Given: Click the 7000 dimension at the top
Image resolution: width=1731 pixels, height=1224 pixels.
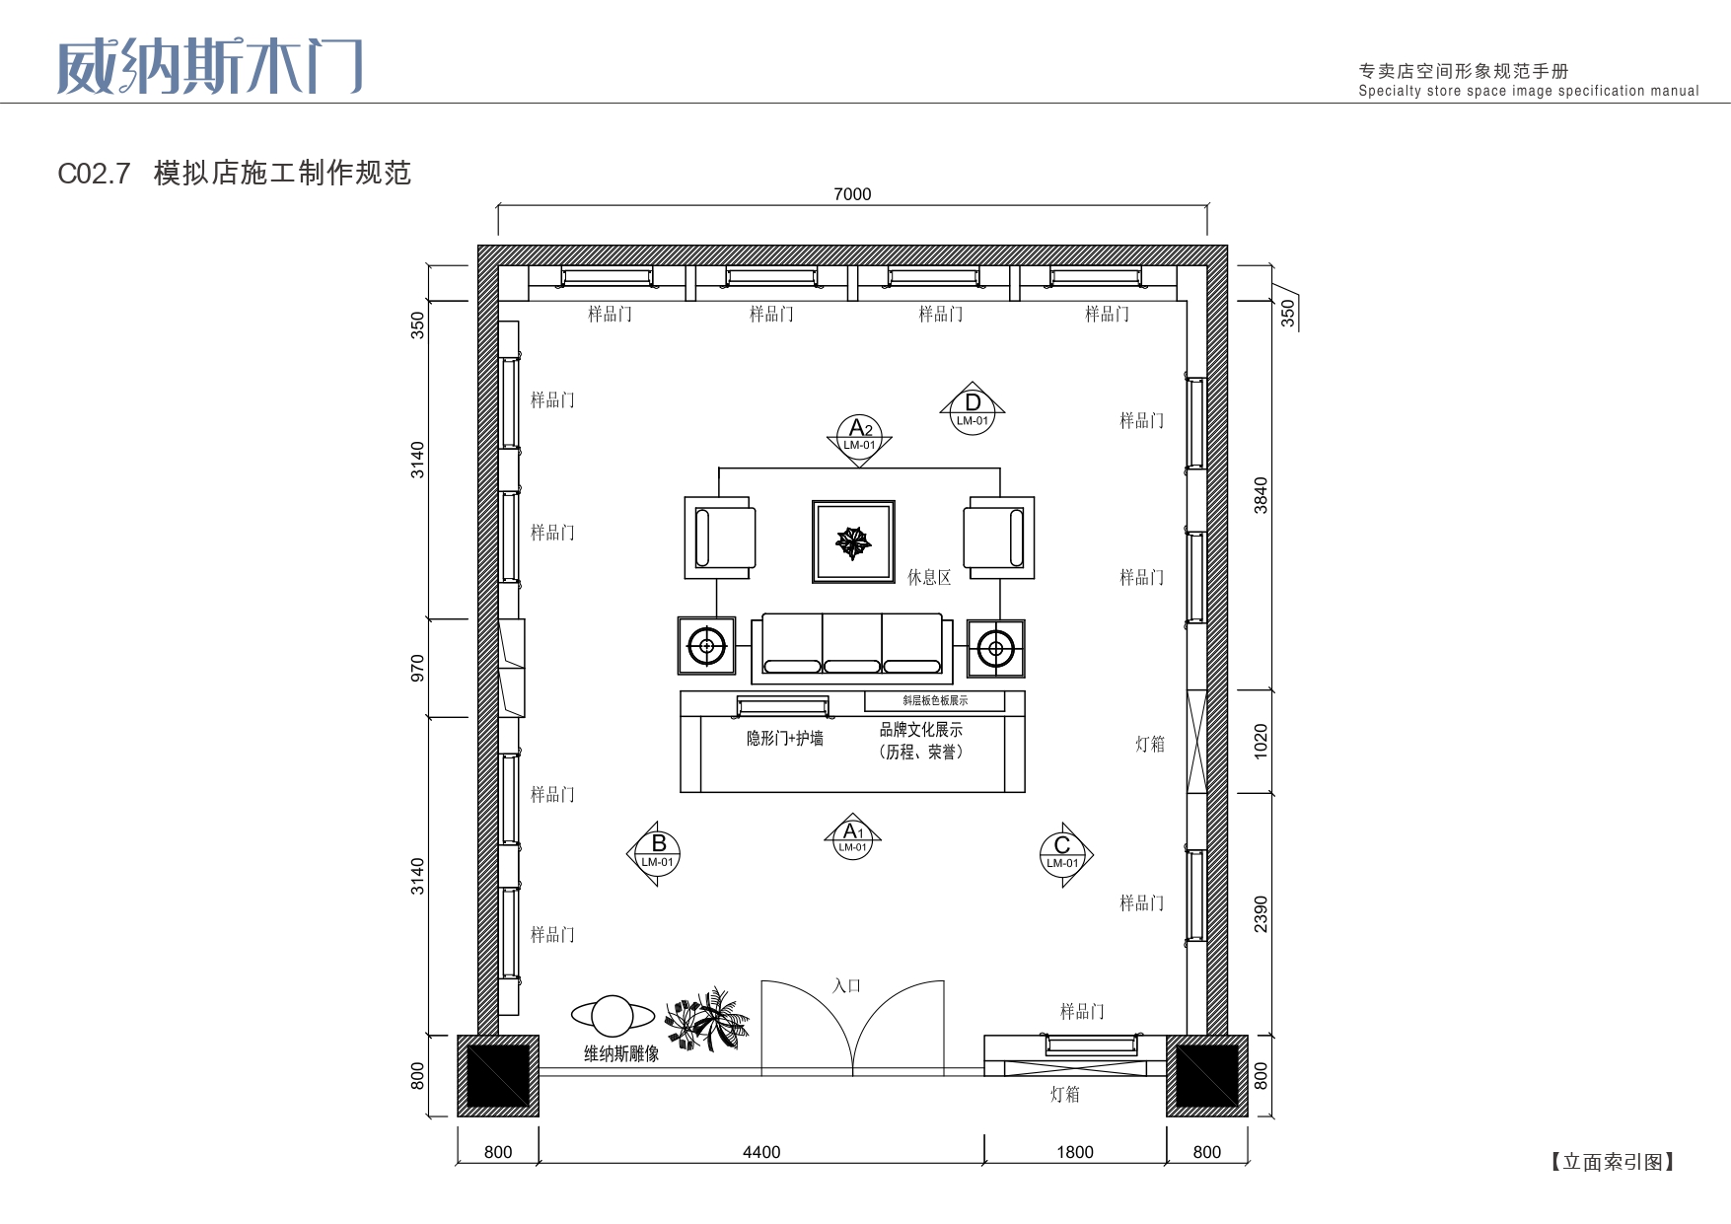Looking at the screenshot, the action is click(852, 194).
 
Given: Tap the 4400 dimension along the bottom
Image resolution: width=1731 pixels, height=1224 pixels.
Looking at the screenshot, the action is click(761, 1152).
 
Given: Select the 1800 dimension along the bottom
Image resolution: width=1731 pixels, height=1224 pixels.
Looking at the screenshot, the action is click(1075, 1152).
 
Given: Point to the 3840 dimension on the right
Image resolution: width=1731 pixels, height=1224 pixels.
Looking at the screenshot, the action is click(1261, 495).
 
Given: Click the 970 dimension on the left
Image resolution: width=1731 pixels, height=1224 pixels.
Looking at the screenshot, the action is click(417, 668).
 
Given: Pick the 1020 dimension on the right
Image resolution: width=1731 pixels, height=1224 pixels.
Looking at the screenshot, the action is click(1261, 741).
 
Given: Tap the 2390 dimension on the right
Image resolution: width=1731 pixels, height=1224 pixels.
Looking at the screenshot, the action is click(1261, 914).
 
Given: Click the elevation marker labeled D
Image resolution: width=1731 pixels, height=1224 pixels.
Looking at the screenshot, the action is click(973, 408).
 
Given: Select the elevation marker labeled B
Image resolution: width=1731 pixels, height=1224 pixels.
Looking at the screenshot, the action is click(655, 853).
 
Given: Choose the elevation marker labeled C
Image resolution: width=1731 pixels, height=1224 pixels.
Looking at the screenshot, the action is click(1065, 854).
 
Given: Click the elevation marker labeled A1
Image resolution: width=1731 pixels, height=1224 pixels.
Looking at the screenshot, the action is click(853, 836).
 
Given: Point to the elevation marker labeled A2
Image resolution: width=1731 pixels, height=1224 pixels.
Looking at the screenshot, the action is click(859, 437).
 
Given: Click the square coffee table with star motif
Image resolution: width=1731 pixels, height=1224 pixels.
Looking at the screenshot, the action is click(853, 541).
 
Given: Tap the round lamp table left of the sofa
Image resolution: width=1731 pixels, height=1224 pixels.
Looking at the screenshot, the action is click(706, 647).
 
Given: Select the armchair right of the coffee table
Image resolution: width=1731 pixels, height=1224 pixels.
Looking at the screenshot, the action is click(999, 538).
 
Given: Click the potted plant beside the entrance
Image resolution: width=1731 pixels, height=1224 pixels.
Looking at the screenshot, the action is click(707, 1019).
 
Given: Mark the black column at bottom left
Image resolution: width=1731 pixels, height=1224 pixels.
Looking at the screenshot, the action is click(498, 1076).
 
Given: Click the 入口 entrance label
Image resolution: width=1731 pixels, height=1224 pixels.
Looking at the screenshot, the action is click(846, 985).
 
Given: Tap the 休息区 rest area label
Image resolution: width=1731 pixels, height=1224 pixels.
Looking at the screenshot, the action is click(929, 577).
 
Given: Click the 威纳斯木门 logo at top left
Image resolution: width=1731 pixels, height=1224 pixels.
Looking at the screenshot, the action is click(210, 67).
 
